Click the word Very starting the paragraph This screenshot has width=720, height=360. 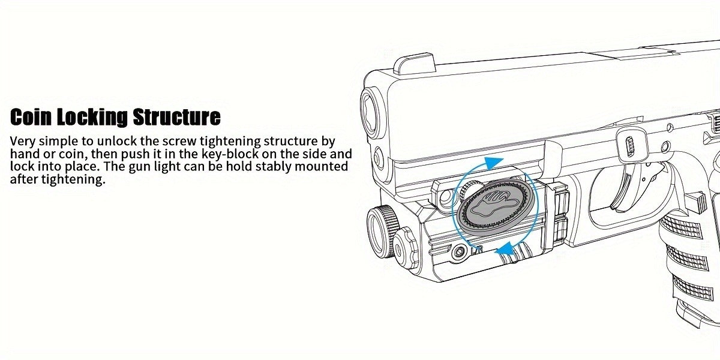[x=23, y=141]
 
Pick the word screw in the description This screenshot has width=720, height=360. [x=178, y=142]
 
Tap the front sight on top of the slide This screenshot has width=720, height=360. [x=415, y=65]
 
